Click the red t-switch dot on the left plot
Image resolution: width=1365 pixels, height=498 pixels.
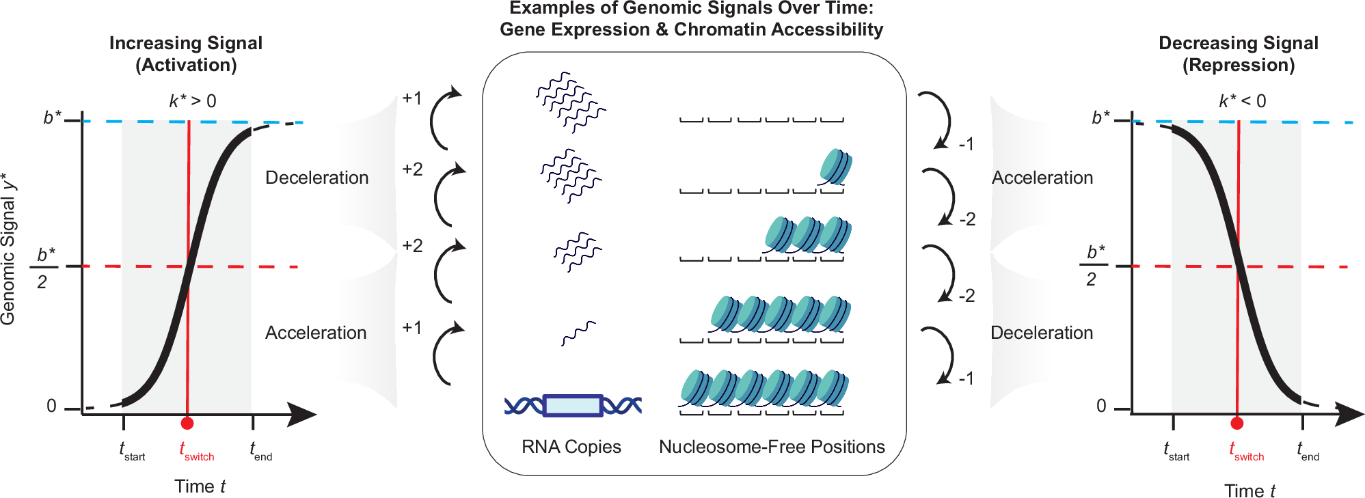[187, 424]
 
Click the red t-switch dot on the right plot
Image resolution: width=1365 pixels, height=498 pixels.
[1236, 424]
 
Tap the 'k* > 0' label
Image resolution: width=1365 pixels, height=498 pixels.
[193, 101]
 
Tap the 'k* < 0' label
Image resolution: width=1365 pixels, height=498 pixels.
[1242, 101]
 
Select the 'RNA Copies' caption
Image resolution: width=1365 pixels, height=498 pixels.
[571, 447]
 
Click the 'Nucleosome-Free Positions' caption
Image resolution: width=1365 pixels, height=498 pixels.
[772, 447]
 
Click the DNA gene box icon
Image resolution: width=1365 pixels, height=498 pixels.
[573, 405]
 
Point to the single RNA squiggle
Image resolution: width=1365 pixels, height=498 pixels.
[578, 333]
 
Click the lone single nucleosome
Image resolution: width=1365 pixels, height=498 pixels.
[835, 167]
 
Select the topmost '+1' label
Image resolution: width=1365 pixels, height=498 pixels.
[411, 98]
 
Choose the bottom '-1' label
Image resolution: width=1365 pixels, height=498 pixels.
[966, 378]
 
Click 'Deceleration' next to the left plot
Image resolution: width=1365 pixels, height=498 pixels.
[316, 178]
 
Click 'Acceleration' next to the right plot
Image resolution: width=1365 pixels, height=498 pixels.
[1042, 178]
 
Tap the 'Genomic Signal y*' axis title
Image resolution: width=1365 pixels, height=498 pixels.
[8, 249]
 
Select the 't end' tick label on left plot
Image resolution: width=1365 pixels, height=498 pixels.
[261, 452]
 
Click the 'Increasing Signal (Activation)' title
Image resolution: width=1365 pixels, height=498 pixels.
[186, 54]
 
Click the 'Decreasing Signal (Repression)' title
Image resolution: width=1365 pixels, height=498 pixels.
[1238, 54]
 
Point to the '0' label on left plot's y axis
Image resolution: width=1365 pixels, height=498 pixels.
[51, 406]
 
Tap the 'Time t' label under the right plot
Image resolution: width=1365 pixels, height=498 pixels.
[1249, 490]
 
